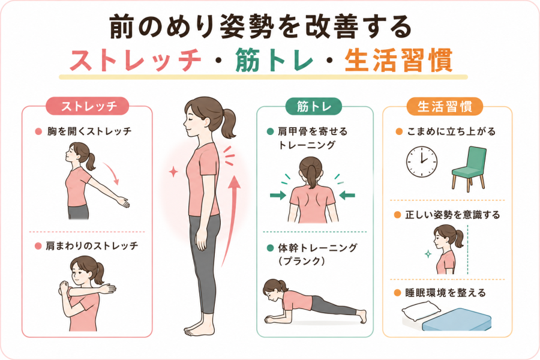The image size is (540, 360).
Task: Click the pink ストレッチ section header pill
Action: point(87,106)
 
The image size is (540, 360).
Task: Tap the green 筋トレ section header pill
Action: point(314,106)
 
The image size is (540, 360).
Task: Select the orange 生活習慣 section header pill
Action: point(445,106)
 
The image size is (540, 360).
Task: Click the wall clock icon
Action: point(422,162)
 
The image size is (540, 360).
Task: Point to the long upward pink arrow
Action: point(231,220)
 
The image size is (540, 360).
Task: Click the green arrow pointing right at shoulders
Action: point(278,196)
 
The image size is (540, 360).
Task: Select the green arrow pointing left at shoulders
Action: point(347,196)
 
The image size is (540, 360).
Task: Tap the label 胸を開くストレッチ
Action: point(89,131)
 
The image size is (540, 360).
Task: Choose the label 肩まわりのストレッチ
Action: point(92,245)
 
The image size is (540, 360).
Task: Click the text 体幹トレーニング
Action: point(317,248)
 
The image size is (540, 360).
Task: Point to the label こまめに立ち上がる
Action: point(451,131)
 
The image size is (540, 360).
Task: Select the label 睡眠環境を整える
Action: point(445,293)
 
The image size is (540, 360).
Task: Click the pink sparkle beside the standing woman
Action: point(173,171)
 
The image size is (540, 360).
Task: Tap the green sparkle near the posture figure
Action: point(428,254)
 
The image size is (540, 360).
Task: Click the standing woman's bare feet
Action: point(197,329)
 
